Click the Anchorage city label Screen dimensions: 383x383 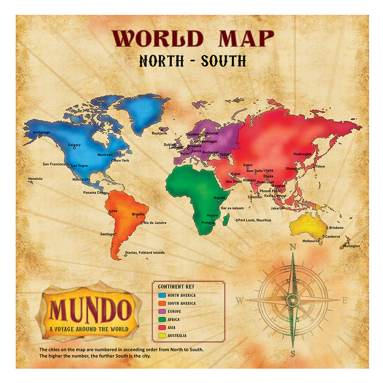pyautogui.click(x=41, y=133)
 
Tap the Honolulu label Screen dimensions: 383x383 pyautogui.click(x=35, y=178)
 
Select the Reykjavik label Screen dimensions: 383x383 pyautogui.click(x=160, y=134)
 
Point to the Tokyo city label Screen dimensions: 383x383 pyautogui.click(x=320, y=166)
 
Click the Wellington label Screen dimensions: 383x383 pyautogui.click(x=351, y=246)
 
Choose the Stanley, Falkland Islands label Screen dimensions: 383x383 pyautogui.click(x=145, y=252)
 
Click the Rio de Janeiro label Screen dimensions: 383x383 pyautogui.click(x=155, y=223)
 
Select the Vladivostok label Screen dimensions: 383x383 pyautogui.click(x=303, y=154)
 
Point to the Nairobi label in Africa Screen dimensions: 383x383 pyautogui.click(x=219, y=198)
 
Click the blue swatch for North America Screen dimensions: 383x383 pyautogui.click(x=162, y=295)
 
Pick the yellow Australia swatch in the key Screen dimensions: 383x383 pyautogui.click(x=162, y=336)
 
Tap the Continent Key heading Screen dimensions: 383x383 pyautogui.click(x=176, y=286)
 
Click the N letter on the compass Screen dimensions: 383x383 pyautogui.click(x=293, y=247)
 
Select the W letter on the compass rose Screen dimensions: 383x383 pyautogui.click(x=240, y=301)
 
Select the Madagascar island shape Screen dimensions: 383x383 pyautogui.click(x=226, y=219)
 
